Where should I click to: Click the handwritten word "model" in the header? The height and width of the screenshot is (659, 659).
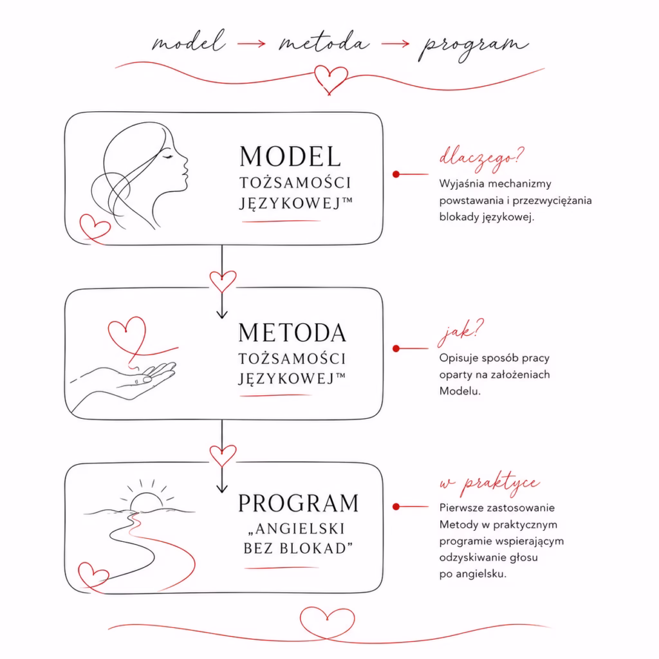click(x=189, y=42)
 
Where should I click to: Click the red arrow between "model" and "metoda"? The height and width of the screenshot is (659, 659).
click(x=252, y=43)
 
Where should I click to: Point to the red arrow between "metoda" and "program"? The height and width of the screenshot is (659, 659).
click(x=395, y=43)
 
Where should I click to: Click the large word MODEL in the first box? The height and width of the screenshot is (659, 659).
click(x=290, y=156)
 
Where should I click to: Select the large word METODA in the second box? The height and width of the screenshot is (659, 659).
click(x=292, y=333)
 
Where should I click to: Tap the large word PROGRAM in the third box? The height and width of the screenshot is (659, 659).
click(x=299, y=503)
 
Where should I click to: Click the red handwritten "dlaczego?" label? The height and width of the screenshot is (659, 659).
click(x=481, y=158)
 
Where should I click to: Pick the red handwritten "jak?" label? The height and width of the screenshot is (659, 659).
click(x=460, y=332)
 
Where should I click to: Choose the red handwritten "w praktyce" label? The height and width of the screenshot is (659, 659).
click(x=490, y=484)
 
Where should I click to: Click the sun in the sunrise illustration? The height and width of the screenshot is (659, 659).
click(x=146, y=501)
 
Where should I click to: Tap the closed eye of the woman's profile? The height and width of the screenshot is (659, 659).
click(x=167, y=157)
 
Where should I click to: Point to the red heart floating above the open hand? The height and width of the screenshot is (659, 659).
click(x=127, y=335)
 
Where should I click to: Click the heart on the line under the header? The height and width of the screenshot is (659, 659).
click(x=331, y=79)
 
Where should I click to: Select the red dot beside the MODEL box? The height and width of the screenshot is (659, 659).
click(x=396, y=174)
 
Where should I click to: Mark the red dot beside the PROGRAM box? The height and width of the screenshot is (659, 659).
click(x=396, y=507)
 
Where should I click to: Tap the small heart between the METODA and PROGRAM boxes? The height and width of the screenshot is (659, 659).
click(x=223, y=456)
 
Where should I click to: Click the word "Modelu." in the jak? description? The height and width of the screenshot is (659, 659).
click(x=459, y=391)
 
